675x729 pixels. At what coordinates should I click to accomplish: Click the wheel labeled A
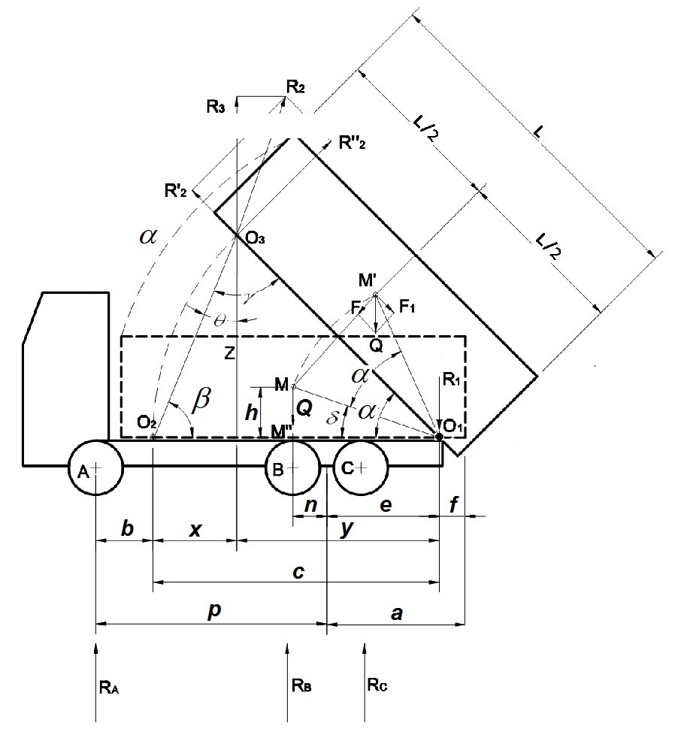(x=95, y=467)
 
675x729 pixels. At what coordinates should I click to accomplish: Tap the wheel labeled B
(x=292, y=467)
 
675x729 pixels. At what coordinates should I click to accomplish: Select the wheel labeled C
(x=362, y=467)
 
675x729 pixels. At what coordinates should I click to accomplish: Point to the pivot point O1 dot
(x=440, y=436)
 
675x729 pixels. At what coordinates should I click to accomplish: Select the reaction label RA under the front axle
(x=107, y=686)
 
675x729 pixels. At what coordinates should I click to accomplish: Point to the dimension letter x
(x=195, y=530)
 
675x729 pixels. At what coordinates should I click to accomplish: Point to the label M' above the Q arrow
(x=368, y=281)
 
